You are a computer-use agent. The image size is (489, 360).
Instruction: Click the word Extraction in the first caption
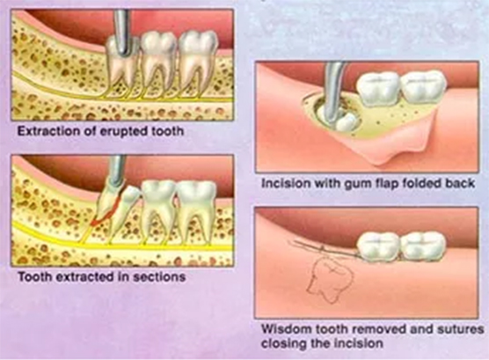pos(48,131)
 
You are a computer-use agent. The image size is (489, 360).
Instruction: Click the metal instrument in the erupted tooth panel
pos(122,31)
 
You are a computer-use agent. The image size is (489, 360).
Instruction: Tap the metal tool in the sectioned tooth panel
pos(118,170)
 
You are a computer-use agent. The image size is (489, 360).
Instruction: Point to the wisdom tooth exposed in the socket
pos(346,121)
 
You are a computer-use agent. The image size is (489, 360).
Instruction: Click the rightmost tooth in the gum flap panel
pos(422,86)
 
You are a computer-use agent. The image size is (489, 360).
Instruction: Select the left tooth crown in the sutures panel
pos(378,246)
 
